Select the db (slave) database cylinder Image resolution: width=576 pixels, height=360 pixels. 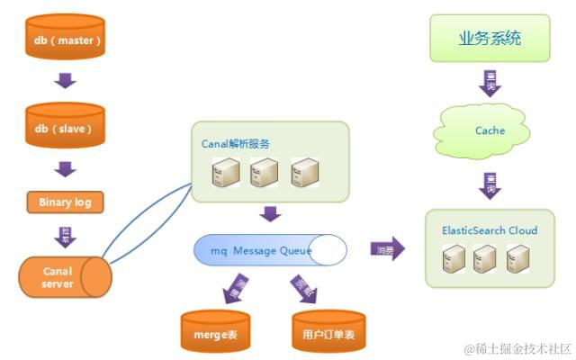pos(64,129)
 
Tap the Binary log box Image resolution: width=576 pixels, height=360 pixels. pos(65,202)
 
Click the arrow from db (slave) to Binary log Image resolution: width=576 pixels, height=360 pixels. pos(65,168)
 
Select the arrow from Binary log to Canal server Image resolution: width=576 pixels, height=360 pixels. pos(65,236)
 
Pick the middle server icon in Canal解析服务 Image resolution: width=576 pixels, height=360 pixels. pos(264,172)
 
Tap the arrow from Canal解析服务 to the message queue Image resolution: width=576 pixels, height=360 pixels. pos(269,214)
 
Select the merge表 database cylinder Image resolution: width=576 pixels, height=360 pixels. pos(214,332)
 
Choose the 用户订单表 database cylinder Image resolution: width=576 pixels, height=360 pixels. pos(328,332)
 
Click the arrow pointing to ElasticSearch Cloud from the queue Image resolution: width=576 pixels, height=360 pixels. pos(386,249)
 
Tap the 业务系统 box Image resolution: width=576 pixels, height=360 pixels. pos(490,39)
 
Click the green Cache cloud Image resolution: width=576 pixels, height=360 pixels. pos(490,131)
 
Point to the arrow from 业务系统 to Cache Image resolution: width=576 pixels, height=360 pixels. pos(490,83)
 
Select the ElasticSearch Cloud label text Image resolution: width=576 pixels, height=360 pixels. pos(490,230)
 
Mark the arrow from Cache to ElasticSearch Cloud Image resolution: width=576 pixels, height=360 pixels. pos(490,186)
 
